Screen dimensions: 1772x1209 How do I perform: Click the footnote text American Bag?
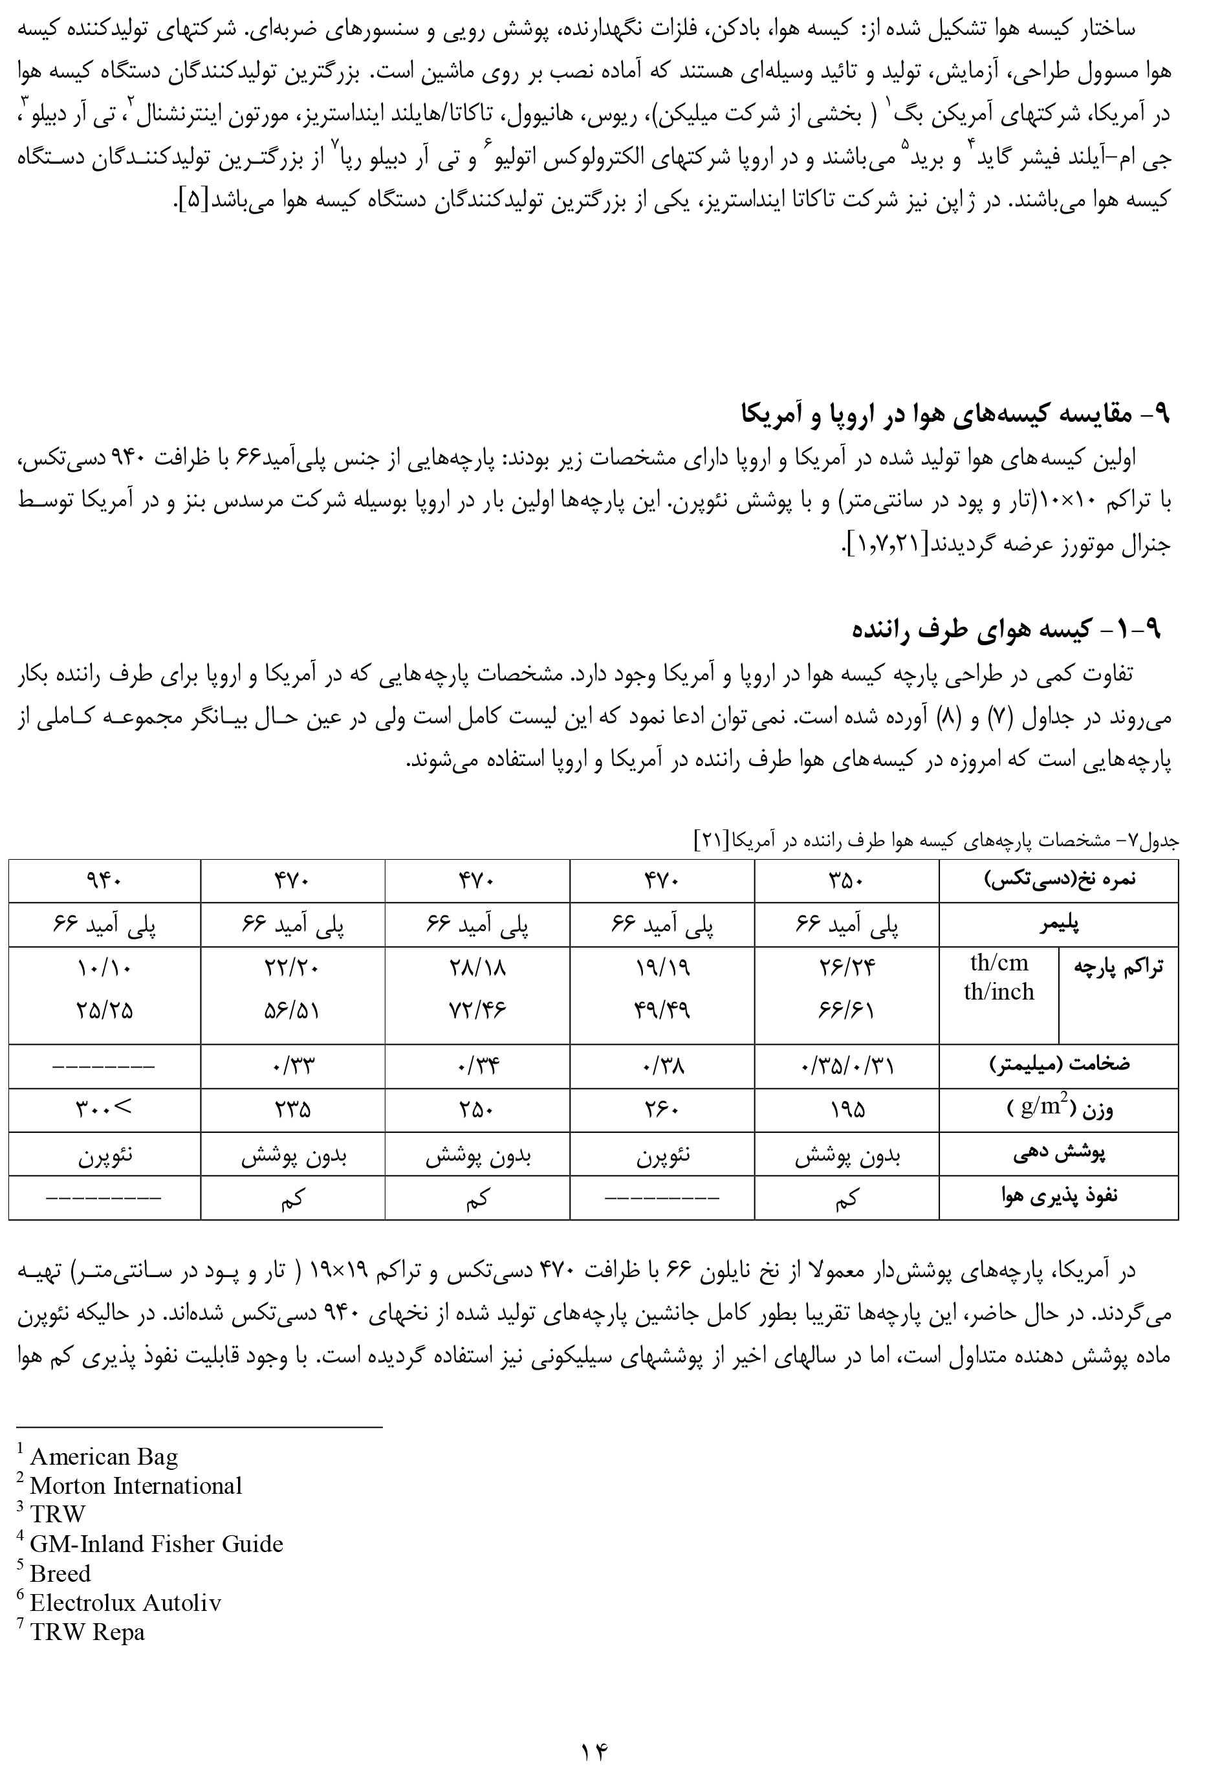coord(103,1457)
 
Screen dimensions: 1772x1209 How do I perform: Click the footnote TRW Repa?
coord(87,1632)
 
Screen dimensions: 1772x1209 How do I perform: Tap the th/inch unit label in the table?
coord(999,992)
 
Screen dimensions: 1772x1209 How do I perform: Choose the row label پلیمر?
coord(1059,925)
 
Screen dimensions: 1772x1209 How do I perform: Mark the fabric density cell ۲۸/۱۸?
coord(478,968)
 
